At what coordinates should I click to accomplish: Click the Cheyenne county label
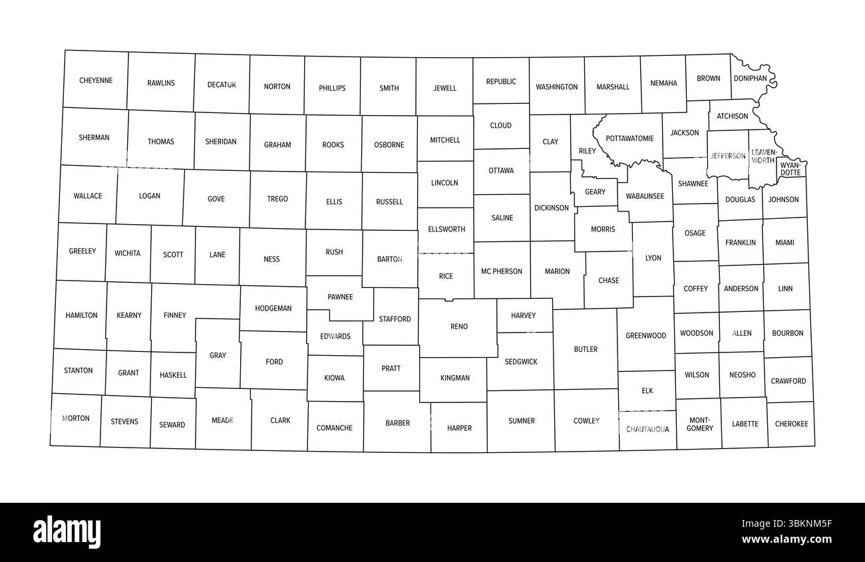pyautogui.click(x=96, y=80)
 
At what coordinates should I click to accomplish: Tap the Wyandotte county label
pyautogui.click(x=790, y=168)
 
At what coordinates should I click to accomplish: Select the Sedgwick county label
pyautogui.click(x=521, y=362)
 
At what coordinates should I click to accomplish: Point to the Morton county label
pyautogui.click(x=75, y=418)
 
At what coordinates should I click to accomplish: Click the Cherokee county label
pyautogui.click(x=791, y=424)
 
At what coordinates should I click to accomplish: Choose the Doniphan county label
pyautogui.click(x=750, y=78)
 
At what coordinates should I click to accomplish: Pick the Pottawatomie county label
pyautogui.click(x=629, y=138)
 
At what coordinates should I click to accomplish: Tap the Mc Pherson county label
pyautogui.click(x=502, y=271)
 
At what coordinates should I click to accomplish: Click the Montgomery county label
pyautogui.click(x=700, y=424)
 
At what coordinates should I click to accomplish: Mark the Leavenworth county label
pyautogui.click(x=763, y=156)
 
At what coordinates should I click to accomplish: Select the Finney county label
pyautogui.click(x=174, y=315)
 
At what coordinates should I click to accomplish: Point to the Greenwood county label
pyautogui.click(x=645, y=336)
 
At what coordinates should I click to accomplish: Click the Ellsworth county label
pyautogui.click(x=446, y=229)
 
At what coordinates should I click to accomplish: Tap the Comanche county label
pyautogui.click(x=334, y=428)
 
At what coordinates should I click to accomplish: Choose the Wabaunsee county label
pyautogui.click(x=645, y=196)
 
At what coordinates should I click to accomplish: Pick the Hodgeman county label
pyautogui.click(x=273, y=309)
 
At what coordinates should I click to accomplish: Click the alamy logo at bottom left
pyautogui.click(x=67, y=532)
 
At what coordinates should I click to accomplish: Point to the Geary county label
pyautogui.click(x=595, y=192)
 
